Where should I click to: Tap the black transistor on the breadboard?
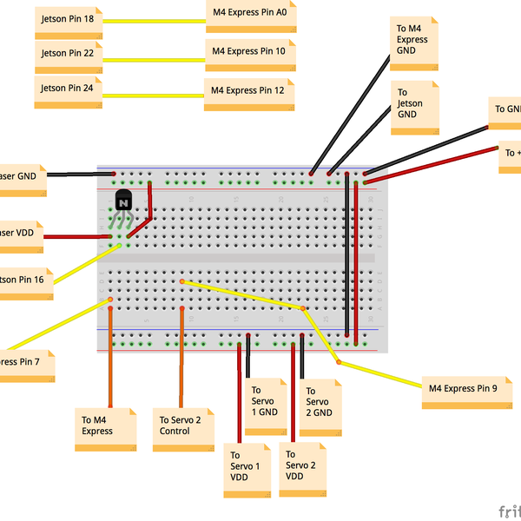(x=122, y=201)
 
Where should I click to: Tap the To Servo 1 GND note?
(x=266, y=402)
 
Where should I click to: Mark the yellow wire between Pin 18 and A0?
(x=155, y=21)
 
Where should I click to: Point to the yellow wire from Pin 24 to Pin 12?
(x=155, y=95)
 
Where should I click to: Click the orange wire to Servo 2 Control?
(x=181, y=356)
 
